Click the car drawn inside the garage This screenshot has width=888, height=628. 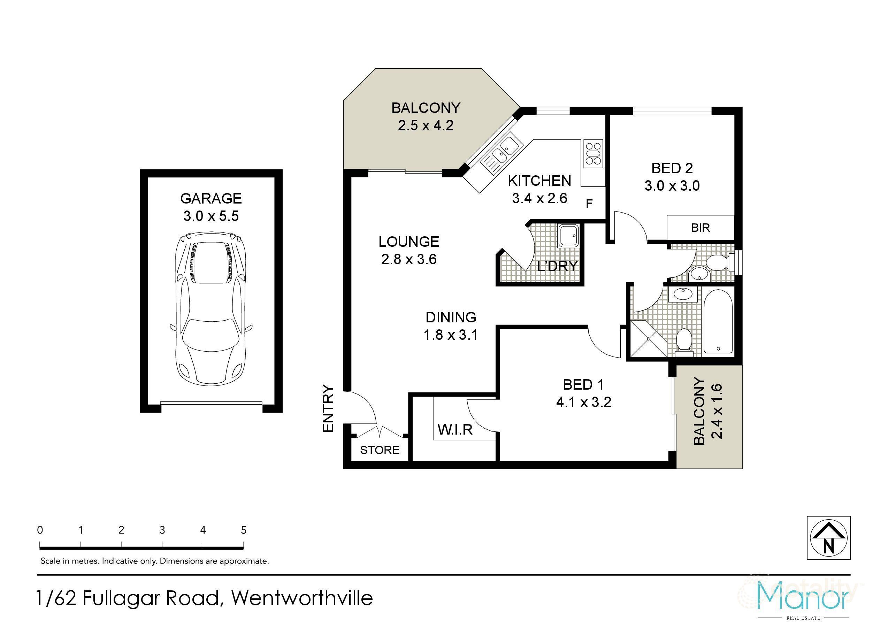coord(211,307)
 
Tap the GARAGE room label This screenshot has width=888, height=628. coord(211,198)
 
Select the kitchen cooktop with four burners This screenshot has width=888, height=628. coord(593,154)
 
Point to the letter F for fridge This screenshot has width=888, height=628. coord(589,204)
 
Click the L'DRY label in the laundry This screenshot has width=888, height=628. coord(557,266)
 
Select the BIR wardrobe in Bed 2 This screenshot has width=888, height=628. coord(701,228)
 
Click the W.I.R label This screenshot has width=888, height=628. coord(455,430)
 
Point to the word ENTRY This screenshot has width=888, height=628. coord(328,408)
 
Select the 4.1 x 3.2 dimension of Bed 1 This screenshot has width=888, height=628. coord(583,403)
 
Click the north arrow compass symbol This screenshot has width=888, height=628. coord(828,538)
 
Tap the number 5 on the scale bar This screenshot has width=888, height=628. coord(243,530)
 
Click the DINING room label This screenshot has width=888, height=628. coord(451,317)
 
